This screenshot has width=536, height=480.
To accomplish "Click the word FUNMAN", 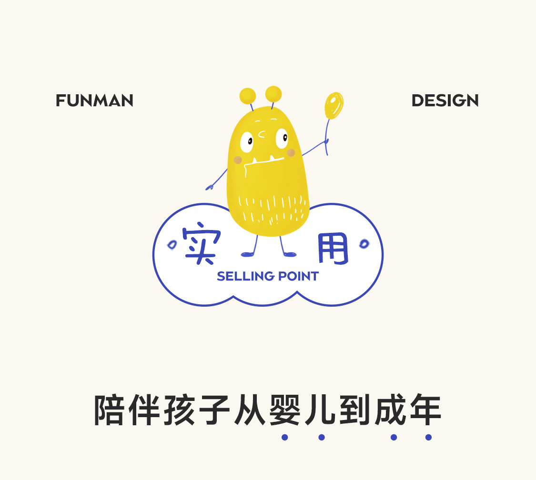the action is [x=94, y=100].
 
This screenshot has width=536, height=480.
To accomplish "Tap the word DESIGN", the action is [x=445, y=100].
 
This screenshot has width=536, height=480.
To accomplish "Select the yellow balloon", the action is [x=334, y=105].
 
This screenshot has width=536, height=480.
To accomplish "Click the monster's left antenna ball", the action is [x=248, y=95].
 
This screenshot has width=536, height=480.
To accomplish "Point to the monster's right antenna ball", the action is [x=273, y=93].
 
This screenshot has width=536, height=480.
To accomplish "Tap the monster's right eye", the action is [x=282, y=138].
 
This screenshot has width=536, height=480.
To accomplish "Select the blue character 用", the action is [x=333, y=249].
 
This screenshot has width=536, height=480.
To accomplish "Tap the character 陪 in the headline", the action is [x=111, y=410].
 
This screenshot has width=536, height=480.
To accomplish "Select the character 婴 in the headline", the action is [x=285, y=410].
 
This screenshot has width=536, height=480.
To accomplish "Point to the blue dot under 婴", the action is [x=285, y=437].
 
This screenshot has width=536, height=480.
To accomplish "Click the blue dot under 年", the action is [x=428, y=437].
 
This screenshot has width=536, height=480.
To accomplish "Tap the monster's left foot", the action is [x=247, y=254].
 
